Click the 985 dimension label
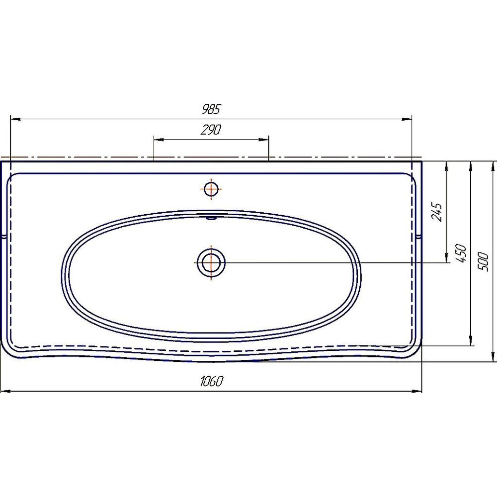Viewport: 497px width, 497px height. (211, 109)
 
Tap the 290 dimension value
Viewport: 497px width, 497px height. (211, 130)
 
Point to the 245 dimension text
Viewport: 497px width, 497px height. (436, 212)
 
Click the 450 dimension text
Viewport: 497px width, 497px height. (461, 253)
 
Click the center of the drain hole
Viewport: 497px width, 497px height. (211, 263)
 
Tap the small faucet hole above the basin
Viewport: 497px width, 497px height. (211, 189)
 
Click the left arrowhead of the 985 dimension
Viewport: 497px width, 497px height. (16, 119)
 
